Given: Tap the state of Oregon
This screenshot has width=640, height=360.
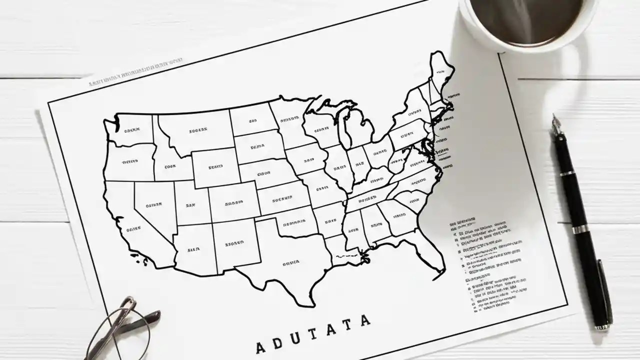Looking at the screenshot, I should tap(129, 161).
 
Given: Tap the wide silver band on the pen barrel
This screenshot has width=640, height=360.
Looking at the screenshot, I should tap(580, 229).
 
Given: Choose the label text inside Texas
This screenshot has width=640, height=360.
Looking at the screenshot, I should tap(290, 262).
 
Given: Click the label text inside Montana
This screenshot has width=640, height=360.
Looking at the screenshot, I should tap(197, 131).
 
